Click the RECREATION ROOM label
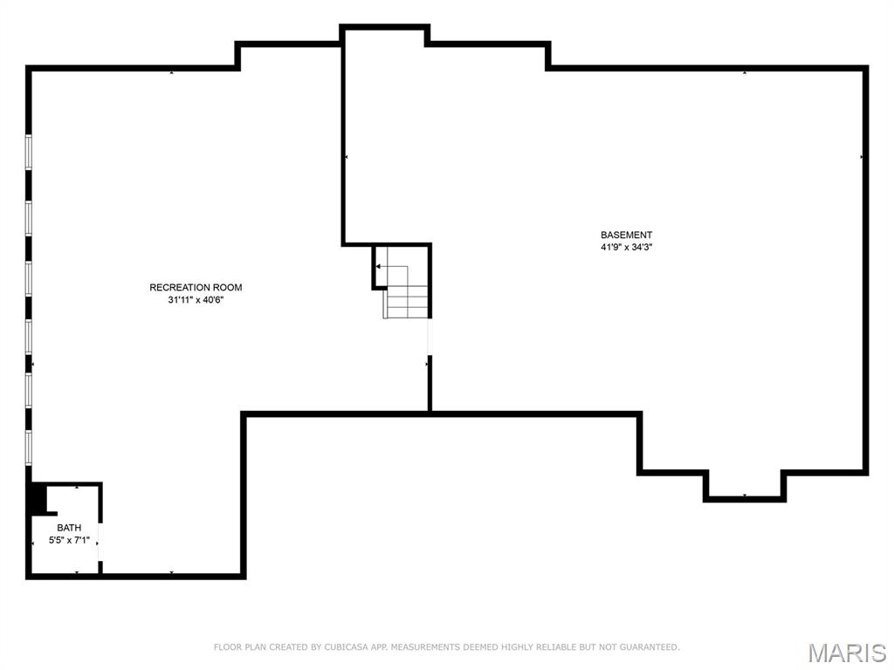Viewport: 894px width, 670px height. pos(196,287)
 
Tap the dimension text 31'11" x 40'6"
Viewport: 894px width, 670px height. pos(196,300)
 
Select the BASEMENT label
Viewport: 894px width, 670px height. pos(626,235)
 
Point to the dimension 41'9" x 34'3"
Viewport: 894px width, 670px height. pos(626,247)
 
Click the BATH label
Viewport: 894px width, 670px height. pos(69,528)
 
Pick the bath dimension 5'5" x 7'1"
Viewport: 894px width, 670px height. pos(69,540)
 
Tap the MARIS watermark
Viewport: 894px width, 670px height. pos(846,653)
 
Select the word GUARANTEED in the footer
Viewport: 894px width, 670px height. pos(647,647)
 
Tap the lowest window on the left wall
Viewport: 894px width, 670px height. pos(29,447)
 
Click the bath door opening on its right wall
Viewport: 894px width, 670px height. pos(100,542)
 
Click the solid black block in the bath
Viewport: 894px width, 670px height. pos(38,499)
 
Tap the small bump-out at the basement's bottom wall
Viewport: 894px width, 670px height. pos(745,484)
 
